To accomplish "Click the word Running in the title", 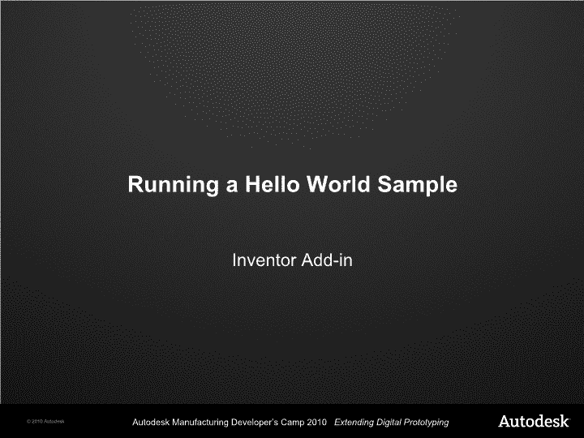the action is tap(174, 185).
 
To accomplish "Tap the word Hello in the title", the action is tap(273, 184).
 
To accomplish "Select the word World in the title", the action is tap(338, 184).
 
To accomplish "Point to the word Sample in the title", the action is tap(417, 185).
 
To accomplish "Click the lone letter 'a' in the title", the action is tap(232, 187).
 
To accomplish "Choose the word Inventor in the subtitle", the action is tap(264, 260).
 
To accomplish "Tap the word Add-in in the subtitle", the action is tap(327, 260).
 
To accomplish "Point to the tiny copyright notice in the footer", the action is tap(45, 422).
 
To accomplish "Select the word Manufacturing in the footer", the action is tap(200, 423).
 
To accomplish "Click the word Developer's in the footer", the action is tap(255, 423).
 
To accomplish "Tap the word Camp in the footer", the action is tap(292, 423).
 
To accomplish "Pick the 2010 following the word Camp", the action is tap(317, 423).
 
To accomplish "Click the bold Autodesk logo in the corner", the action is tap(534, 421).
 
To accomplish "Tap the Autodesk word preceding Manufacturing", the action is tap(151, 423).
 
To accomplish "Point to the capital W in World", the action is tap(320, 184).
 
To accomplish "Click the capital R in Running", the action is tap(135, 184).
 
